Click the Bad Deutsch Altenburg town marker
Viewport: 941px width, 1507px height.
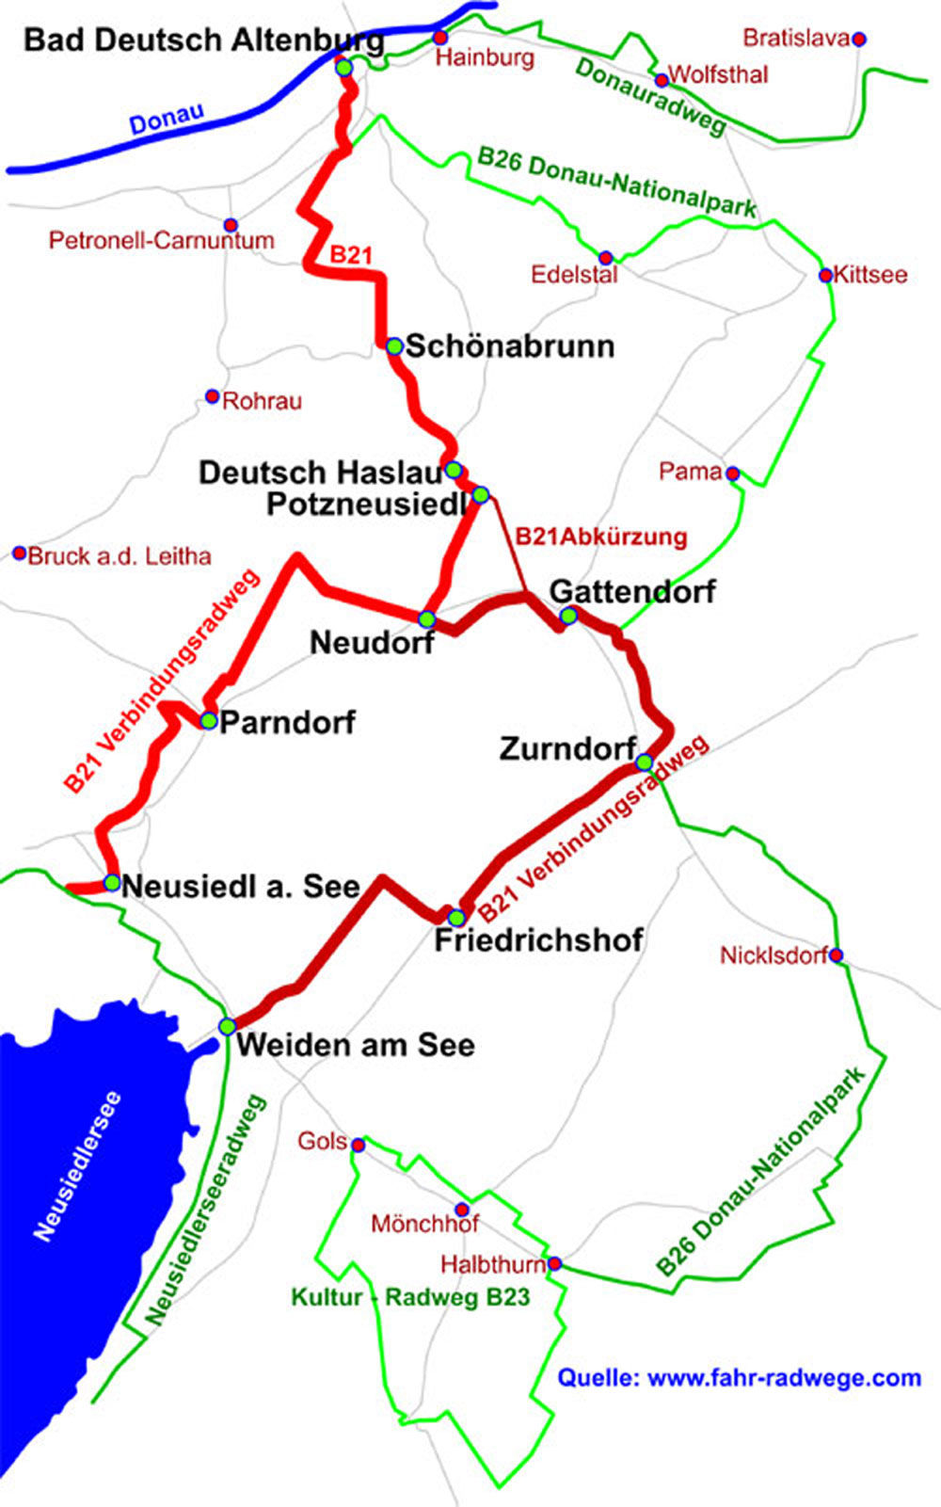click(x=344, y=68)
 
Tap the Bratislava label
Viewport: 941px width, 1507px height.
click(x=795, y=39)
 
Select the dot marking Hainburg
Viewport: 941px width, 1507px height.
click(x=439, y=38)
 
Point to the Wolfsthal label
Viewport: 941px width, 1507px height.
click(x=718, y=74)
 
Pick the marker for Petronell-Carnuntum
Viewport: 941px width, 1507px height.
click(x=231, y=225)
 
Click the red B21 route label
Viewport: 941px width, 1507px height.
click(x=350, y=255)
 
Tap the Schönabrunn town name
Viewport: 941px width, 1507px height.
click(x=509, y=346)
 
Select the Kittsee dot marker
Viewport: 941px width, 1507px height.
click(x=825, y=275)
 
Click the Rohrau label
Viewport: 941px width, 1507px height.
click(x=262, y=401)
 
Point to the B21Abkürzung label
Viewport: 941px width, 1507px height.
click(x=600, y=537)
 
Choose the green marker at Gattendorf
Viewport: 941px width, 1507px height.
click(x=568, y=616)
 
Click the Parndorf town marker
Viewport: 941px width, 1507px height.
click(x=208, y=721)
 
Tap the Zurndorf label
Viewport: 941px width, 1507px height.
click(x=566, y=749)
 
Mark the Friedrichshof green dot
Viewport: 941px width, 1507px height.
click(x=456, y=917)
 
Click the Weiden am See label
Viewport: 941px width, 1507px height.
click(x=355, y=1045)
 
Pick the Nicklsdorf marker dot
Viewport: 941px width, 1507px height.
click(x=837, y=955)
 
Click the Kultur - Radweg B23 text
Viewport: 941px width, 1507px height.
click(x=410, y=1297)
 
